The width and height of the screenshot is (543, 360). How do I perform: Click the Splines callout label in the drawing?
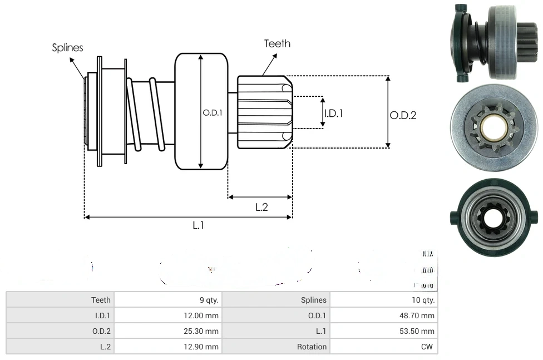pyautogui.click(x=67, y=48)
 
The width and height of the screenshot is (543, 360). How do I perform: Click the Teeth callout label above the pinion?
pyautogui.click(x=277, y=43)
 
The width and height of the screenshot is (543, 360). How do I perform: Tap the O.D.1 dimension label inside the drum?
pyautogui.click(x=213, y=112)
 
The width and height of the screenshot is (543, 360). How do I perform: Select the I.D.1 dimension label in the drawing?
pyautogui.click(x=334, y=113)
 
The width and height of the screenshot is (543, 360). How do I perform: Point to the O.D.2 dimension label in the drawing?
pyautogui.click(x=403, y=115)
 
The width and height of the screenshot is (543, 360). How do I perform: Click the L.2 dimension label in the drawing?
pyautogui.click(x=261, y=207)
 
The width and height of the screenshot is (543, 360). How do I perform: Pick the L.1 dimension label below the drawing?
pyautogui.click(x=199, y=225)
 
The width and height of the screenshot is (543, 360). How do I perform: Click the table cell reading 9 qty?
pyautogui.click(x=209, y=300)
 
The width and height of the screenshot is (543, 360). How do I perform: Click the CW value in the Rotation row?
pyautogui.click(x=428, y=347)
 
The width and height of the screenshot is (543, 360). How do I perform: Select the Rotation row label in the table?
pyautogui.click(x=312, y=347)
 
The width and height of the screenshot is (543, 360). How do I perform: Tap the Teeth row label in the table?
pyautogui.click(x=101, y=300)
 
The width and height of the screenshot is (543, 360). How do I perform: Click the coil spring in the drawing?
pyautogui.click(x=146, y=114)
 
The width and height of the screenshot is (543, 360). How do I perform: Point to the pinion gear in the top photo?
pyautogui.click(x=522, y=42)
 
